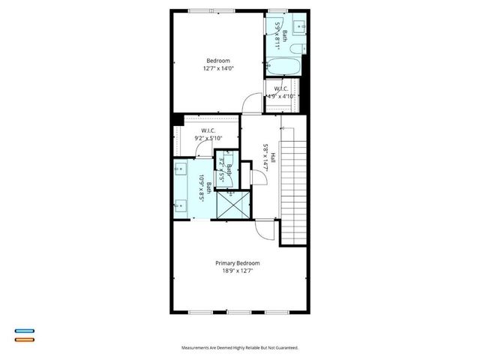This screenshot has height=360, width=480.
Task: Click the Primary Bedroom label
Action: pyautogui.click(x=237, y=263)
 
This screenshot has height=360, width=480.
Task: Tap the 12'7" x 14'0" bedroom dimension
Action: pyautogui.click(x=218, y=69)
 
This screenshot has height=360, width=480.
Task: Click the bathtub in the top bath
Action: pyautogui.click(x=285, y=67)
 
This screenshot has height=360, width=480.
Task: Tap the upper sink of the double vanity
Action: pyautogui.click(x=180, y=169)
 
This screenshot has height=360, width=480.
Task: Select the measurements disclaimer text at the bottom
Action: pyautogui.click(x=239, y=348)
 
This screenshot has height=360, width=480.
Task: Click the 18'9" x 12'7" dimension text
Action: pyautogui.click(x=237, y=271)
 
